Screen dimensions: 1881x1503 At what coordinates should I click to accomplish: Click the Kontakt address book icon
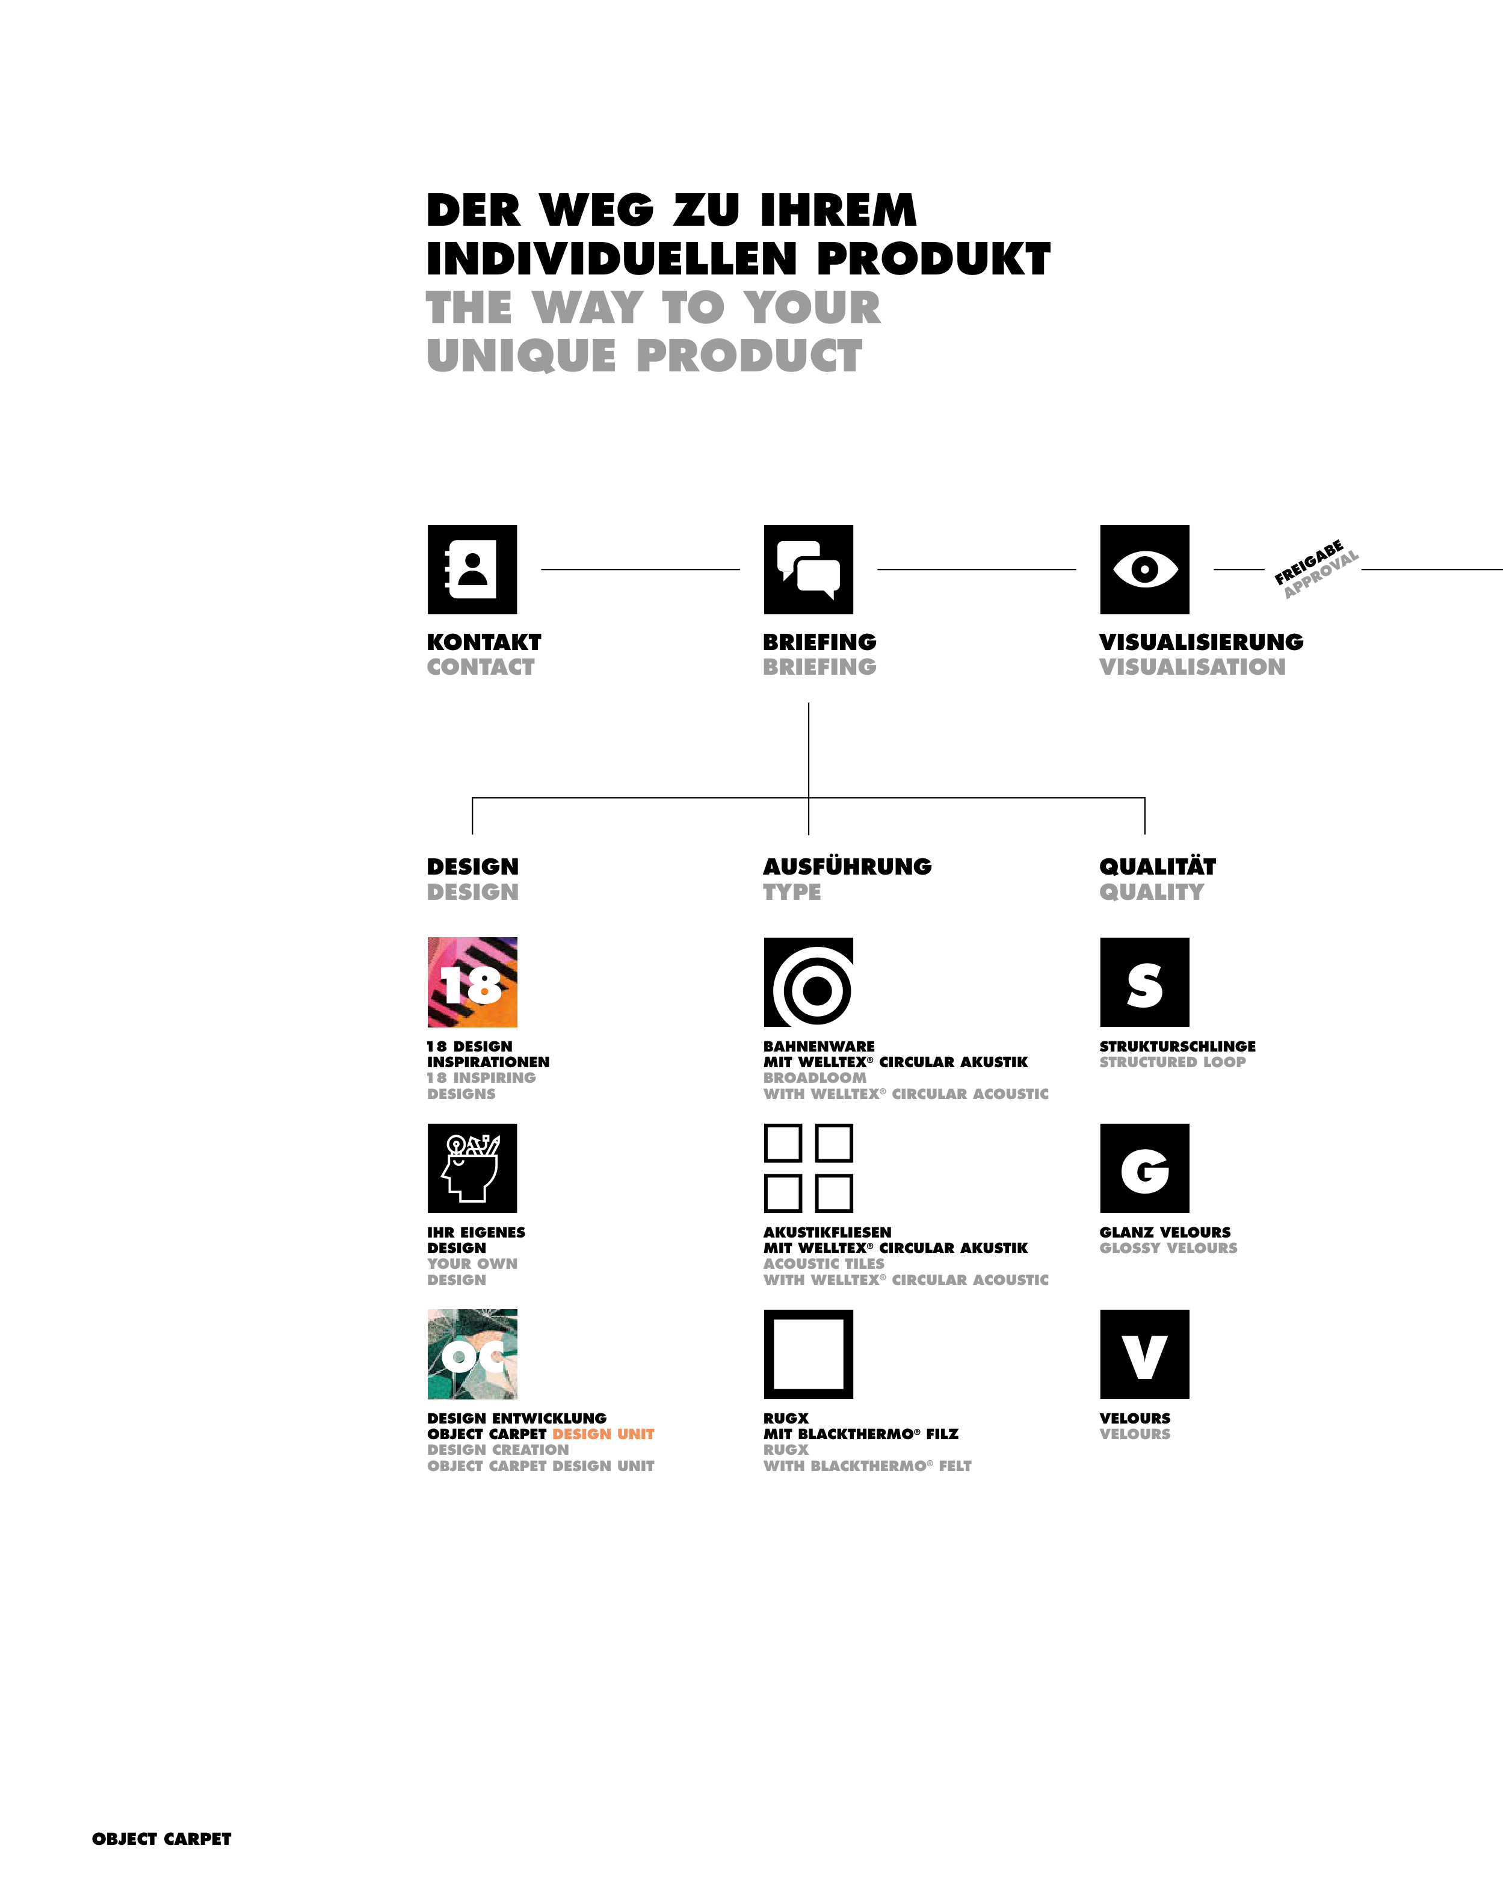click(x=472, y=569)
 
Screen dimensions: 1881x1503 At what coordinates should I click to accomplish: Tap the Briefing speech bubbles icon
click(x=808, y=569)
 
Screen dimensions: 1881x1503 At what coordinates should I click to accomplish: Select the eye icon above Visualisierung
click(x=1144, y=569)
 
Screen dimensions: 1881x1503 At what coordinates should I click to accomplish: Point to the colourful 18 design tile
click(x=472, y=982)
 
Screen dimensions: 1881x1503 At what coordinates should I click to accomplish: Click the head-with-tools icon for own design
click(x=472, y=1167)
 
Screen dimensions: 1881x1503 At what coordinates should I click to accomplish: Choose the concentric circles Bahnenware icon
click(x=808, y=982)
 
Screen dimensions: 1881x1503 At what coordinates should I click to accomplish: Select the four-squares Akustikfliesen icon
click(x=808, y=1167)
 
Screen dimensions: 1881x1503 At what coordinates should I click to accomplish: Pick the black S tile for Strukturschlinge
click(x=1144, y=982)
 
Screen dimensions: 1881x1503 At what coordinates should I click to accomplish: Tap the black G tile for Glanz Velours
click(x=1144, y=1167)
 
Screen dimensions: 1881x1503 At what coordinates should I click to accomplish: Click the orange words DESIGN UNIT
click(x=603, y=1433)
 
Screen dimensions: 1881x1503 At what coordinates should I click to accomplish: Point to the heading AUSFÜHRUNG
click(x=847, y=866)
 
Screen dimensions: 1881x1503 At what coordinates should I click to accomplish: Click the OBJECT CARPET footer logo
click(x=161, y=1838)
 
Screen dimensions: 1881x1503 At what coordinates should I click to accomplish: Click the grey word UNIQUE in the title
click(x=521, y=356)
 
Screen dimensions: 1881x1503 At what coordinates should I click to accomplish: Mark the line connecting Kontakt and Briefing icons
click(x=640, y=569)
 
